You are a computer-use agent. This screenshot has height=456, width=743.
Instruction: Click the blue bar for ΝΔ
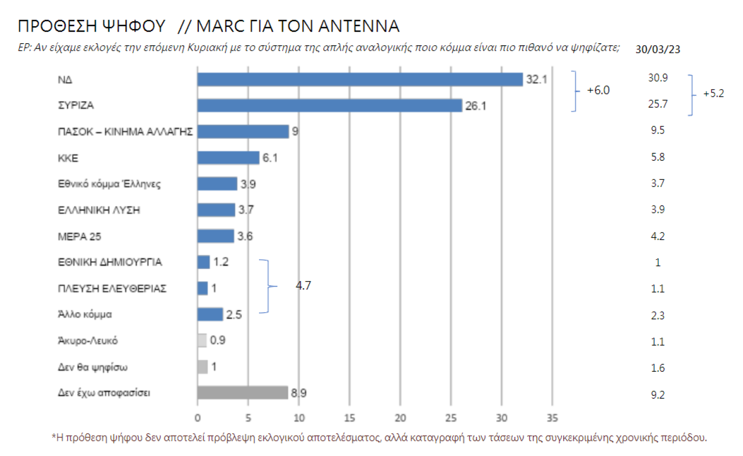(x=359, y=79)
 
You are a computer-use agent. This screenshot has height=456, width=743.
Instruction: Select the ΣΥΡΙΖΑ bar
(x=329, y=106)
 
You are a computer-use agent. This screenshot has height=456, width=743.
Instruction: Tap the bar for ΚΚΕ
(x=228, y=157)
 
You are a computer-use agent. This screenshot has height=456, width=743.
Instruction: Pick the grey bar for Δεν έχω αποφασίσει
(x=242, y=393)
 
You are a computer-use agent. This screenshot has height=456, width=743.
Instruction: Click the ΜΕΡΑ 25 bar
(x=215, y=236)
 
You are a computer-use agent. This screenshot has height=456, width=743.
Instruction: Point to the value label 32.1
(x=536, y=80)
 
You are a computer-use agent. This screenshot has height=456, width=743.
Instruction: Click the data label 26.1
(x=475, y=106)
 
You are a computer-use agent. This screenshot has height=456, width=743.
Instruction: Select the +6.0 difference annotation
(x=598, y=91)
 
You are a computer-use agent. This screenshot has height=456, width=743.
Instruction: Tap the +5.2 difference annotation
(x=713, y=93)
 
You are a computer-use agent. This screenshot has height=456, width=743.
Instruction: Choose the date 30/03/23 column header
(x=658, y=49)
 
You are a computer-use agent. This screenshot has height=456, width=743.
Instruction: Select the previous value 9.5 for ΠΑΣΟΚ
(x=658, y=131)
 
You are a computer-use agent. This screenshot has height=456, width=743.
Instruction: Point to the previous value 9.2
(x=658, y=393)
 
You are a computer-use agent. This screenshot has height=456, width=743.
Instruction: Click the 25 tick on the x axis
(x=451, y=418)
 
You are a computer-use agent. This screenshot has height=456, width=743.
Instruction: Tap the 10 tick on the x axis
(x=299, y=418)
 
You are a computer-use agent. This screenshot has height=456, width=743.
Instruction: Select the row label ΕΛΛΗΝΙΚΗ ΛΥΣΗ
(x=99, y=210)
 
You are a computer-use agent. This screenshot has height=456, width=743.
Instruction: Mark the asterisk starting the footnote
(x=54, y=437)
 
